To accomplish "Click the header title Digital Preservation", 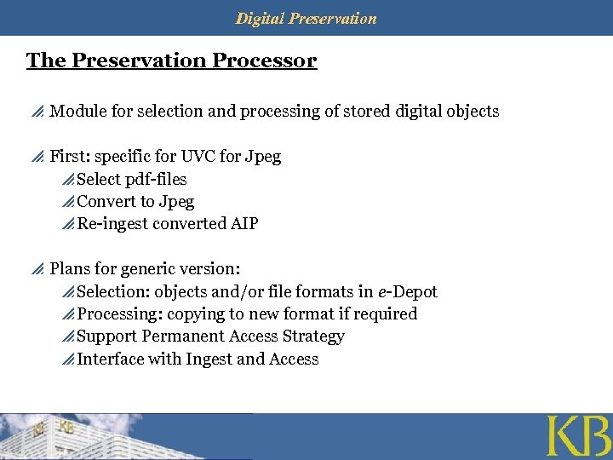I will [306, 18].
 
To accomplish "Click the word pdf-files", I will [155, 180].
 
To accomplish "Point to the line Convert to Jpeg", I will [135, 202].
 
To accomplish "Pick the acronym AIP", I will [243, 224].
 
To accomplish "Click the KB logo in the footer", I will [577, 436].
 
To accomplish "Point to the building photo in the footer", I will [77, 436].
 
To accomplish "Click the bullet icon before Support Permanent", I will [68, 337].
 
